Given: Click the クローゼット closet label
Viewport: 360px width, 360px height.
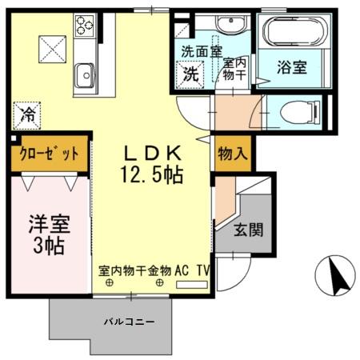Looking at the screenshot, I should [48, 154].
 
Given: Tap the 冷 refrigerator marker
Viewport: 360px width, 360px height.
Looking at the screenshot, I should [27, 114].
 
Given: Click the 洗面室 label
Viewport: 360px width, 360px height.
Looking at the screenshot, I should [196, 52].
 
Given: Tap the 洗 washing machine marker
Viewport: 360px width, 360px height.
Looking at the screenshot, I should [192, 74].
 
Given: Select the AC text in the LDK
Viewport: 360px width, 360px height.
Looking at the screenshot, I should [182, 270].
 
